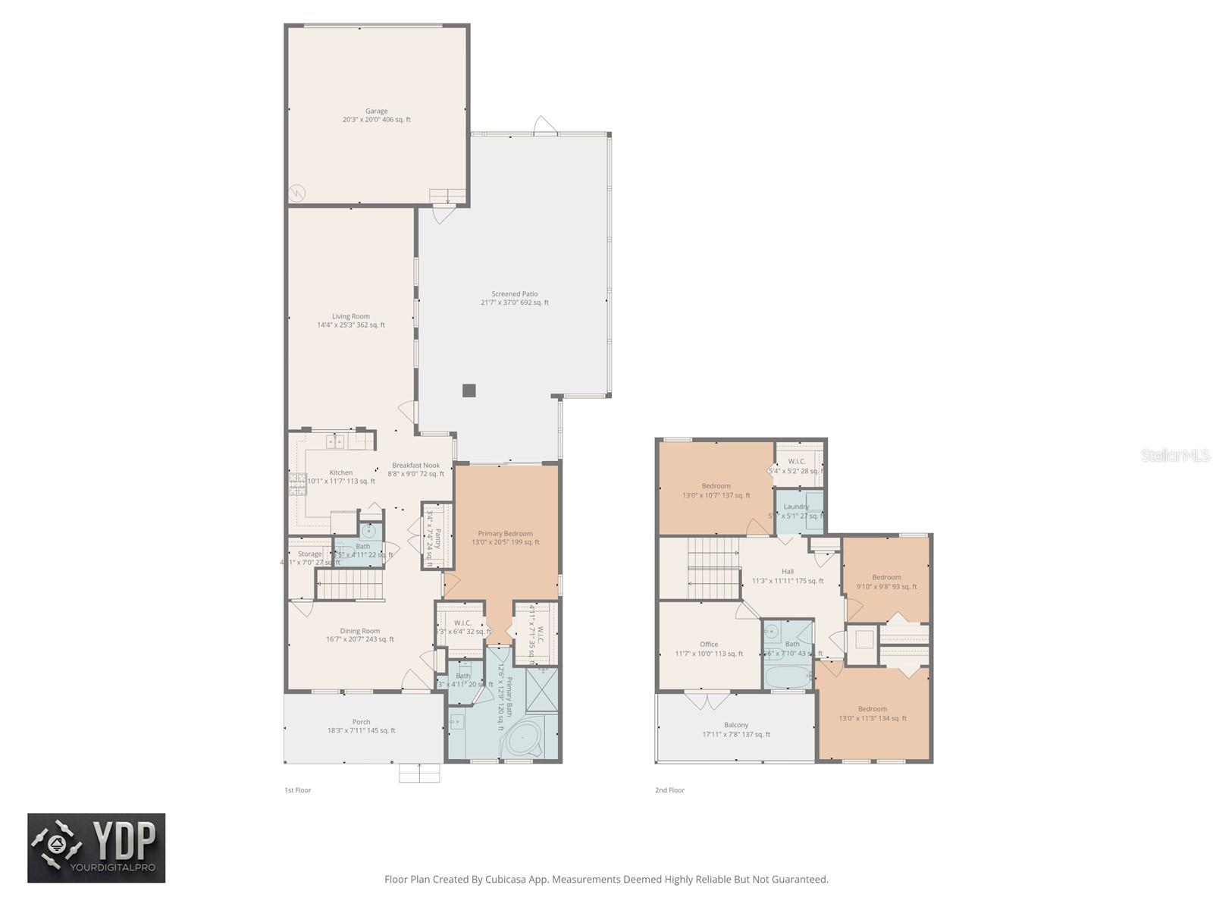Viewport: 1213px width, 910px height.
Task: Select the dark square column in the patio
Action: coord(469,391)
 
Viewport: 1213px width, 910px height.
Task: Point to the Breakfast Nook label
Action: coord(415,466)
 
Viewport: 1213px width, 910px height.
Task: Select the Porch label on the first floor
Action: coord(361,723)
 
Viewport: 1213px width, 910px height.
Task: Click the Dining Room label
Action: coord(360,631)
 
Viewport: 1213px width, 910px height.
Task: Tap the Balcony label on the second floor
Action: coord(736,726)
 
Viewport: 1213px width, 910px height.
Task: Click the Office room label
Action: coord(709,645)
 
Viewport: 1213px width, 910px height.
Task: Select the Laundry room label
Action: coord(796,507)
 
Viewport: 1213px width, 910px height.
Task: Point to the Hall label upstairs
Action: coord(788,572)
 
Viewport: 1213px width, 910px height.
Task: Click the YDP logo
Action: coord(96,848)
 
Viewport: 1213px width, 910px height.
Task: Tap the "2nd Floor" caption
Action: coord(669,790)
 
